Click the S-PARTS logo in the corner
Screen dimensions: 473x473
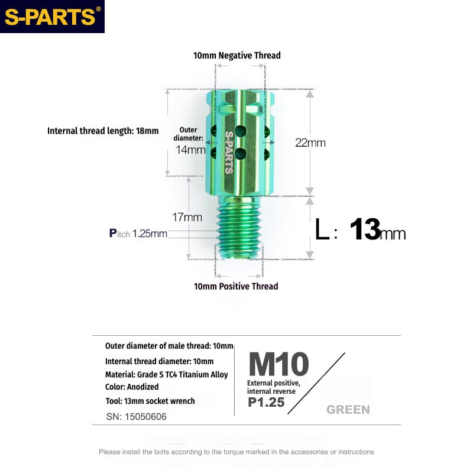(x=52, y=17)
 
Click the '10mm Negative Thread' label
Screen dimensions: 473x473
(x=237, y=56)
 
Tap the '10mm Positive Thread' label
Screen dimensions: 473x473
(x=236, y=286)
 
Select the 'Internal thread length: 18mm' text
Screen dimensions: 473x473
(x=103, y=131)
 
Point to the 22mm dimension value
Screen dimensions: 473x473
(x=310, y=142)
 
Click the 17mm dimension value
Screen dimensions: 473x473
(x=189, y=217)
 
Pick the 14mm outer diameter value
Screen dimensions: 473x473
(x=190, y=150)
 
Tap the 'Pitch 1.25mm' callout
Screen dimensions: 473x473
(x=138, y=234)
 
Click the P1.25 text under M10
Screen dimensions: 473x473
(x=266, y=403)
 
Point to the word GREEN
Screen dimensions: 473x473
(x=348, y=410)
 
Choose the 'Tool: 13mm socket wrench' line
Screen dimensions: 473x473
(x=150, y=401)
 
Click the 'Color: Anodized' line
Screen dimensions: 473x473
(x=132, y=387)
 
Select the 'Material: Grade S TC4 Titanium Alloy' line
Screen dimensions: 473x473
(x=166, y=374)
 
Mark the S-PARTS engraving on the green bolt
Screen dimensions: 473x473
(x=229, y=151)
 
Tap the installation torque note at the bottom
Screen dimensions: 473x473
(x=236, y=452)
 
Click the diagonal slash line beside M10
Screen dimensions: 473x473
(x=320, y=379)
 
